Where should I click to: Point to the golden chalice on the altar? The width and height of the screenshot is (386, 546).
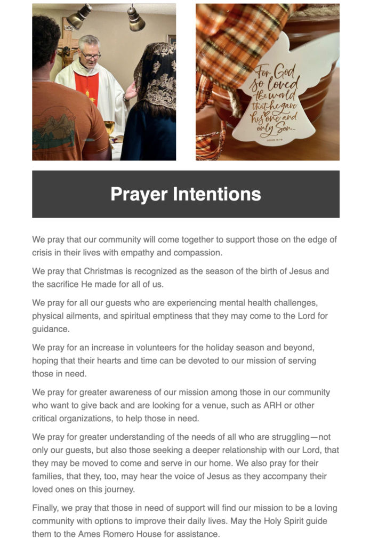pyautogui.click(x=110, y=129)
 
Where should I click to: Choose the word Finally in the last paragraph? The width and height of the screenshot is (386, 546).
pyautogui.click(x=46, y=508)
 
